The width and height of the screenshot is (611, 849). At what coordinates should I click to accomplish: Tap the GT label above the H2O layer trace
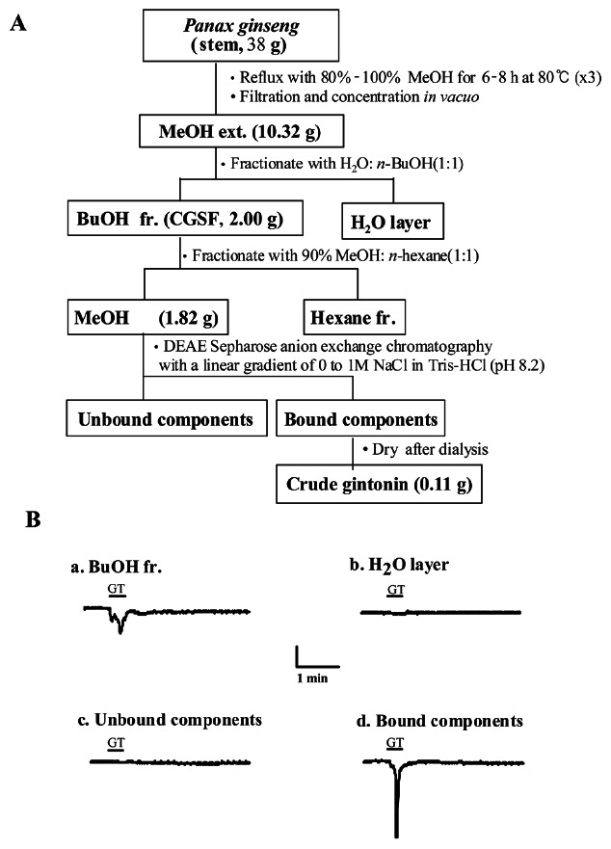(x=395, y=591)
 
